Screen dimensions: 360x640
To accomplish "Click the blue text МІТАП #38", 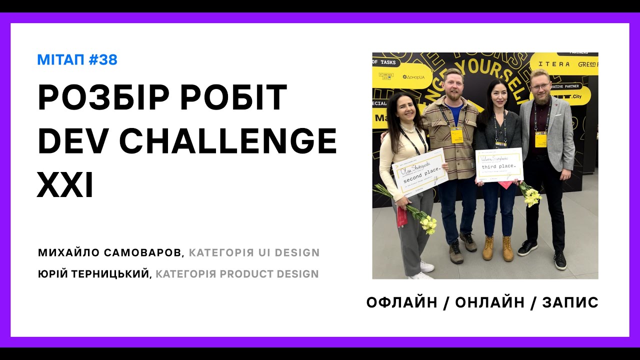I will tap(77, 60).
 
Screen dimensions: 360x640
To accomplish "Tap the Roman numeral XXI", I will tap(65, 185).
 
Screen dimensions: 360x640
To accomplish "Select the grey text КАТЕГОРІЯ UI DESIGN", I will tap(254, 252).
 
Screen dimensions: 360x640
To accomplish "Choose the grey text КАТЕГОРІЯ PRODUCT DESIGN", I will tap(237, 274).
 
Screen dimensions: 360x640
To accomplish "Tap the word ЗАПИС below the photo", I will tap(570, 302).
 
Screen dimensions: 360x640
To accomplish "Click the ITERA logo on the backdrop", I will tap(554, 64).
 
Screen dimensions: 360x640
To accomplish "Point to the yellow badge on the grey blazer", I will tap(540, 139).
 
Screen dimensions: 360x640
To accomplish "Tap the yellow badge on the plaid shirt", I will tap(456, 134).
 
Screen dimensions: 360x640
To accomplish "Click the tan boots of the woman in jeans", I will tap(497, 248).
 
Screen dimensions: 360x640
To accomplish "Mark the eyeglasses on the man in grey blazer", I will tap(540, 86).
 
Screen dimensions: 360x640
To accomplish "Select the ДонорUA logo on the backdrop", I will tap(414, 77).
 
